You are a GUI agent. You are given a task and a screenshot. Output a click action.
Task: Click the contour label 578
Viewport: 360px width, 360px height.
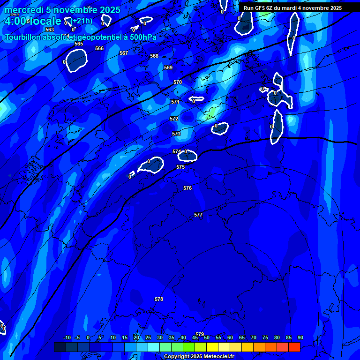[x=159, y=299]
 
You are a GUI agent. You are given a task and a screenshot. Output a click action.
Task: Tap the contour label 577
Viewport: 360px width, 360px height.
[x=198, y=215]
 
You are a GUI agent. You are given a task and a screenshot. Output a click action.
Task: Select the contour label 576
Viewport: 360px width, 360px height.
[x=187, y=188]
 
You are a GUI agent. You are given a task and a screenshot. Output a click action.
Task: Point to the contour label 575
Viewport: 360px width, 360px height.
[x=180, y=167]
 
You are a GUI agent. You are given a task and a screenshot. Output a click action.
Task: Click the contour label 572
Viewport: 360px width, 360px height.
[x=174, y=119]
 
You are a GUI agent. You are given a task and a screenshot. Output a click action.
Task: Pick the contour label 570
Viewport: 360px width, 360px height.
[x=178, y=82]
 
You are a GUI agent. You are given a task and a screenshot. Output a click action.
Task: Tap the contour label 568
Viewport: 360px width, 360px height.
[x=154, y=56]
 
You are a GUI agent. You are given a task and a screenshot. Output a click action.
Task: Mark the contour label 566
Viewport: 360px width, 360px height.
[x=99, y=48]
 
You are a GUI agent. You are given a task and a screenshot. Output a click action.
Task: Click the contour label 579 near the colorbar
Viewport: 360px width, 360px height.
[x=200, y=334]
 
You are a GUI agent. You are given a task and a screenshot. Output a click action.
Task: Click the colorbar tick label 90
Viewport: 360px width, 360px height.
[x=300, y=337]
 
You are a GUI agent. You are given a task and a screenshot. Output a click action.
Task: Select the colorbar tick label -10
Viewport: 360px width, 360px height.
[x=67, y=337]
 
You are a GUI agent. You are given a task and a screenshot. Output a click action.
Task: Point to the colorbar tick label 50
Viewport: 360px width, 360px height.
[x=207, y=337]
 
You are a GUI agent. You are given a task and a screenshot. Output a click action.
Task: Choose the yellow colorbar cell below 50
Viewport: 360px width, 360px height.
[x=212, y=347]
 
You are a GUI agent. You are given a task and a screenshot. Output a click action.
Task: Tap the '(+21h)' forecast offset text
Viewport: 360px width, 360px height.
[x=82, y=21]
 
